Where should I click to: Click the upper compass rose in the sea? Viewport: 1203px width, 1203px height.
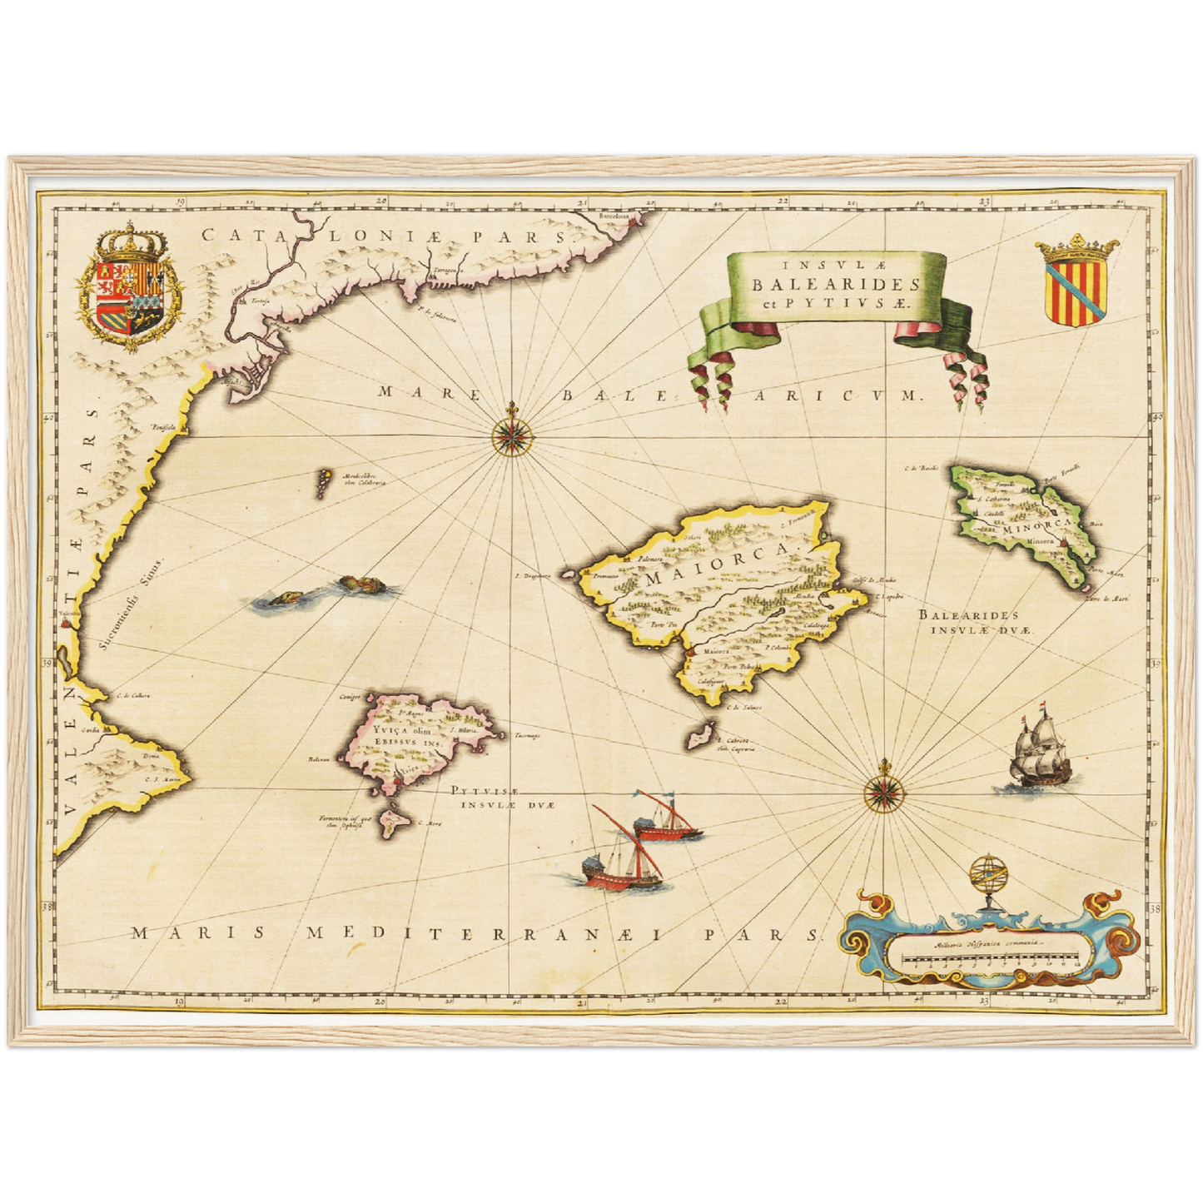click(507, 434)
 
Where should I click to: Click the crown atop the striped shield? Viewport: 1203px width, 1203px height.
click(1076, 247)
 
